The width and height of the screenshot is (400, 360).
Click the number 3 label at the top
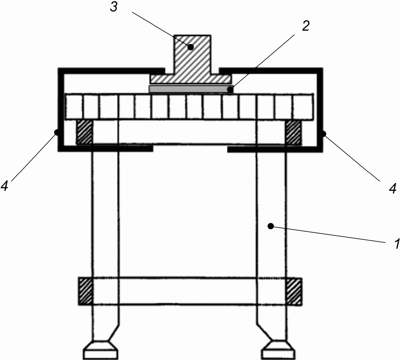pos(114,8)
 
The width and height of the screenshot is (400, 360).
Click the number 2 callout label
pos(305,26)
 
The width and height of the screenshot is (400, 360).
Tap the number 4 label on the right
pos(392,189)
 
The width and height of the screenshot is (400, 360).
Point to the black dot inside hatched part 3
pos(191,47)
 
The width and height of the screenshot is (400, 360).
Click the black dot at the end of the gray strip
pos(230,90)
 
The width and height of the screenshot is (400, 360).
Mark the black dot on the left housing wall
pos(58,132)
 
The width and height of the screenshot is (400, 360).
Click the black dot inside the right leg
pos(271,226)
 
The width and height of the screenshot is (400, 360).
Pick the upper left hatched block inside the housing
pos(84,132)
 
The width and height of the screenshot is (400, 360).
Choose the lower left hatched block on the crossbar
pos(86,291)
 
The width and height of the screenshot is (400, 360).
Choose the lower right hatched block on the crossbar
pos(294,292)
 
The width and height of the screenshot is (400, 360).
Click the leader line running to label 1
pos(328,234)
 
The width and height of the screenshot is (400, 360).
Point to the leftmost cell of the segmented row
pos(74,107)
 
